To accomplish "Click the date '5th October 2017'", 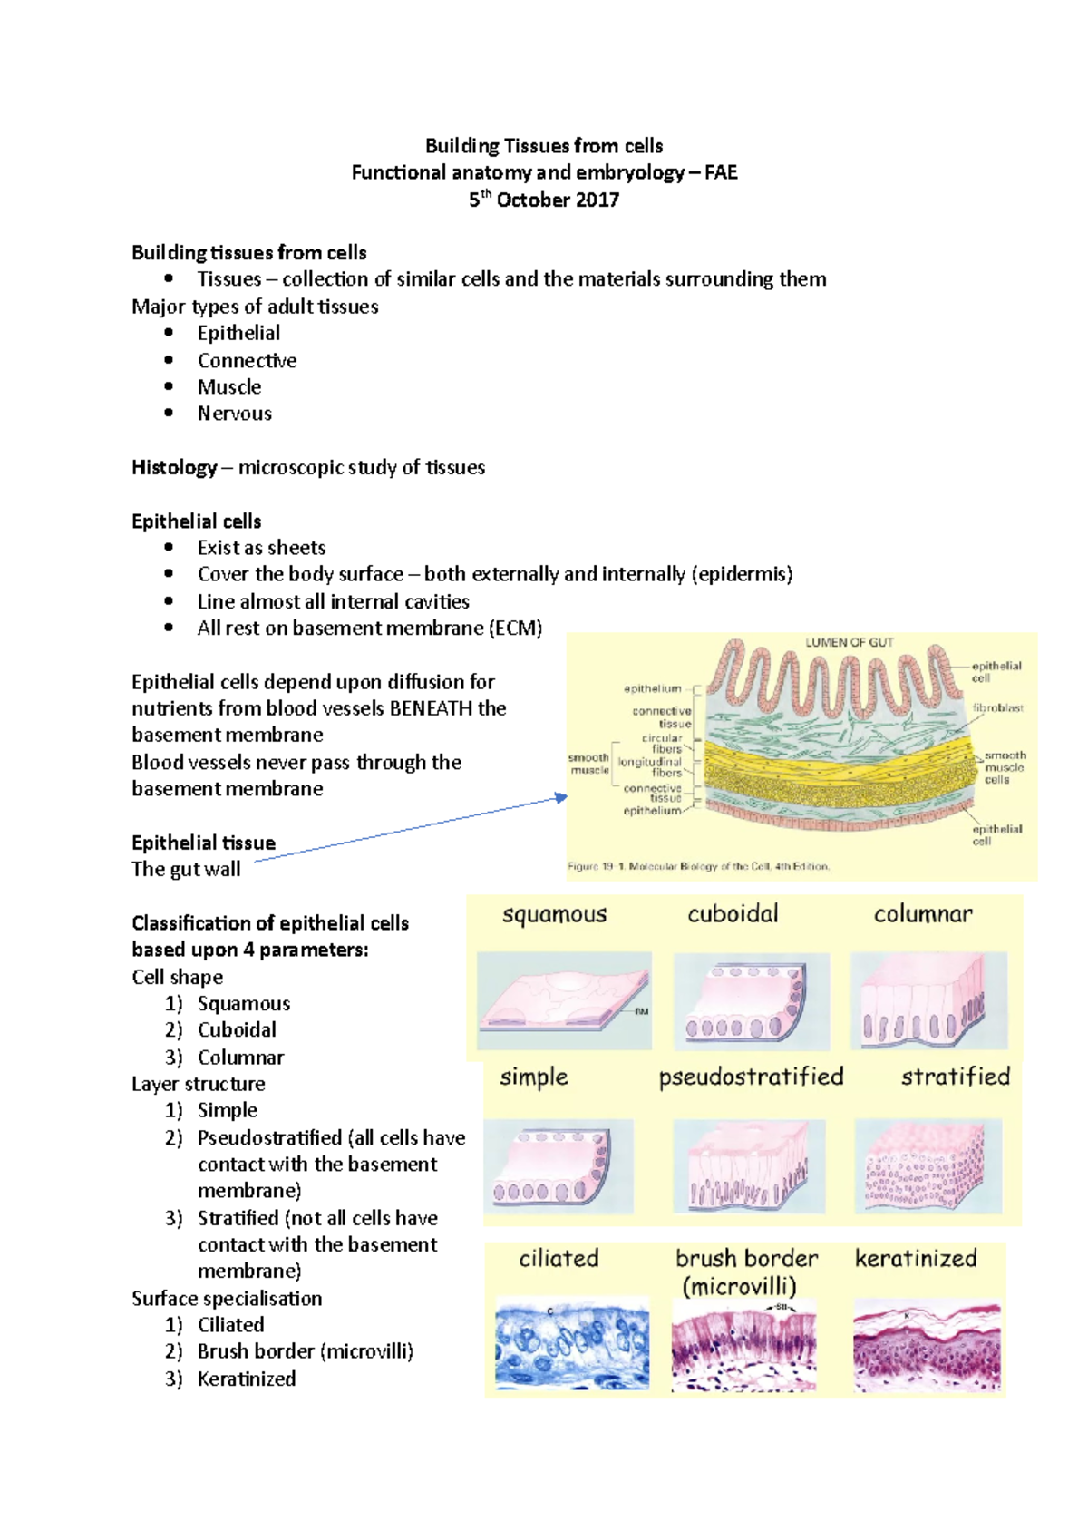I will (544, 200).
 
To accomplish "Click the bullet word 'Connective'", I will (247, 360).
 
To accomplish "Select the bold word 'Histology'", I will (174, 467).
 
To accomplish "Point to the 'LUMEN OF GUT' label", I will (850, 642).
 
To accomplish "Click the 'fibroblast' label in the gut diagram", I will (997, 707).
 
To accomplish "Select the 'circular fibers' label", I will (663, 744).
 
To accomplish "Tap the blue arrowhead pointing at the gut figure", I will (562, 797).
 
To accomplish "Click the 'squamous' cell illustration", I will (564, 1000).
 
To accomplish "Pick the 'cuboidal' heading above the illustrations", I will (733, 913).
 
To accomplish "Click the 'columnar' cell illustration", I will (928, 1000).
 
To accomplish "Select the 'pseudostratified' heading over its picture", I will (751, 1077).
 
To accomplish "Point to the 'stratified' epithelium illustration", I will (928, 1166).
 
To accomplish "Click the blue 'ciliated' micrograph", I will (572, 1345).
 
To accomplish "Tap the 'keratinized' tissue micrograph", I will (927, 1345).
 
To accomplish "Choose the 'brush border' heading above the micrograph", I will (746, 1259).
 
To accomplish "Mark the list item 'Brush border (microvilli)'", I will (305, 1351).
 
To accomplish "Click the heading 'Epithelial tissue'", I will (203, 843).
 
